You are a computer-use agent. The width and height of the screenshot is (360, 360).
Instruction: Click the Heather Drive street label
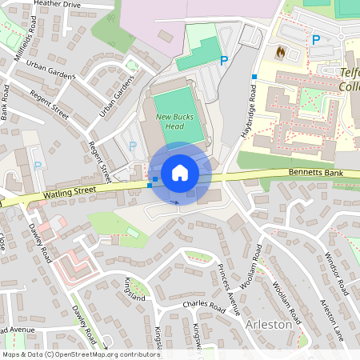click(58, 4)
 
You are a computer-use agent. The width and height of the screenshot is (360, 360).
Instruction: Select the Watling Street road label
click(70, 192)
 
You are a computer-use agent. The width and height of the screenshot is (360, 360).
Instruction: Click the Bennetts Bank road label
click(315, 173)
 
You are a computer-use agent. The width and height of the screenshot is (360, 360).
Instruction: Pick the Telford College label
click(349, 78)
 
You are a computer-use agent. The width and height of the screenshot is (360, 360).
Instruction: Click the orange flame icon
click(280, 51)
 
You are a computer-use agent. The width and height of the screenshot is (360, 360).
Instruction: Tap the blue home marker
click(180, 173)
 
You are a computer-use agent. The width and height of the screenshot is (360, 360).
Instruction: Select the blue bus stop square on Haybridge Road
click(254, 77)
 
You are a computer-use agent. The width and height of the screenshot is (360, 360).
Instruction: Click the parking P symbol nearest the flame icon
click(316, 39)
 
